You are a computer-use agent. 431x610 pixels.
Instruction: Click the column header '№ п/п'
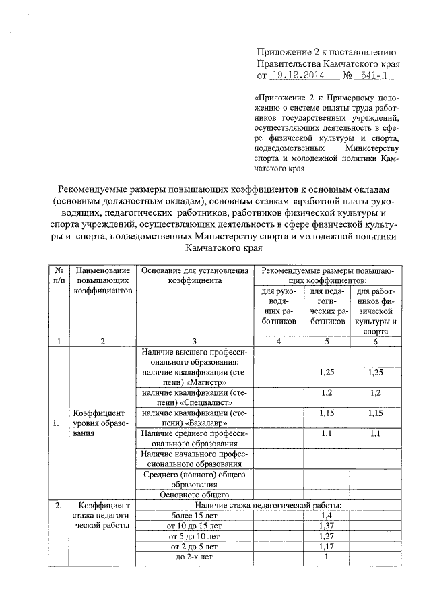pyautogui.click(x=59, y=274)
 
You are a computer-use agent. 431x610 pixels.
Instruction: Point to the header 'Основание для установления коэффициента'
pyautogui.click(x=195, y=274)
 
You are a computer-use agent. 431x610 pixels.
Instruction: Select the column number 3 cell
pyautogui.click(x=195, y=342)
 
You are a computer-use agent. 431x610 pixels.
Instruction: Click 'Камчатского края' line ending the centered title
pyautogui.click(x=215, y=248)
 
